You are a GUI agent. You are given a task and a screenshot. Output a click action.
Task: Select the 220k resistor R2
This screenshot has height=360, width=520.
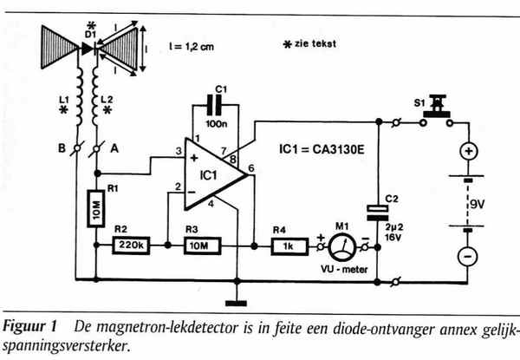click(x=132, y=246)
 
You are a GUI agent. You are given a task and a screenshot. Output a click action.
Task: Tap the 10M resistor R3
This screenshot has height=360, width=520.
click(x=199, y=246)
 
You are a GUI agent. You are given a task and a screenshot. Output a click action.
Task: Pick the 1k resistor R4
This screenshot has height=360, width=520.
click(x=286, y=246)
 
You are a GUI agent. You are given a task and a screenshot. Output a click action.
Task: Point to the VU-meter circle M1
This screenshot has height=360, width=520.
click(x=345, y=246)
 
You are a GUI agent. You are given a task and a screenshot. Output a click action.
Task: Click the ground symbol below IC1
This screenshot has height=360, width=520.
click(x=236, y=302)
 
